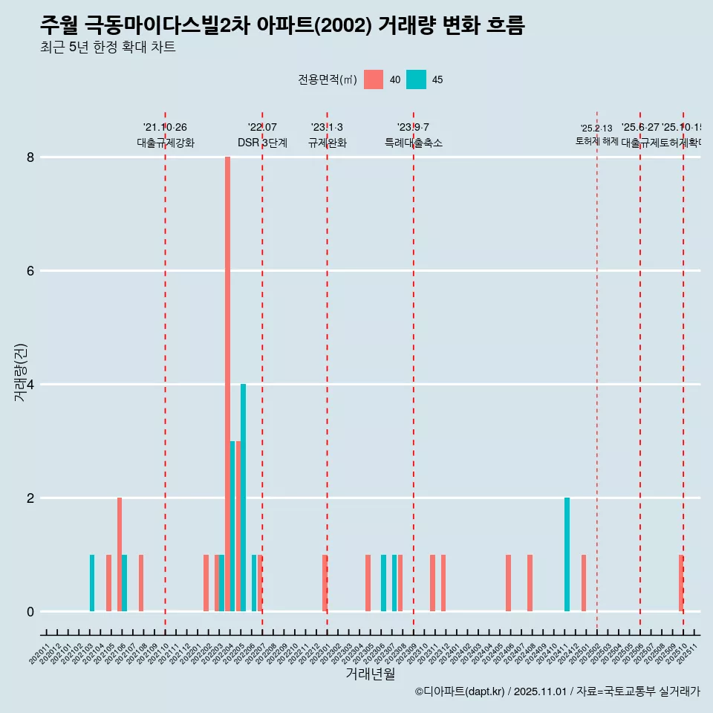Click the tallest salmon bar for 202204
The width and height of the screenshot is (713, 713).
tap(227, 384)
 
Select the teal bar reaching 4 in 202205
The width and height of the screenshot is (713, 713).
tap(243, 498)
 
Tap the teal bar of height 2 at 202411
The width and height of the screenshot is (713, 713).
tap(567, 554)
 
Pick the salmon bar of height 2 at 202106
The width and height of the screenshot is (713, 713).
tap(120, 554)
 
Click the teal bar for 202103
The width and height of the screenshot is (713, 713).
tap(92, 583)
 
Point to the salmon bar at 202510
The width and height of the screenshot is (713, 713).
tap(681, 583)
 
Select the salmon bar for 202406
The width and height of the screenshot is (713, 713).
tap(508, 583)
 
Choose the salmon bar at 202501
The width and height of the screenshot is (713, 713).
tap(584, 583)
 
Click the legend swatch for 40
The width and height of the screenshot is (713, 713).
tap(374, 79)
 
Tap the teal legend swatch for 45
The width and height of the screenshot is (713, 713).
tap(416, 79)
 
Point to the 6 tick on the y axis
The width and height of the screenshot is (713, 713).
tap(30, 271)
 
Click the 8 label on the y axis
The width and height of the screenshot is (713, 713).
tap(30, 157)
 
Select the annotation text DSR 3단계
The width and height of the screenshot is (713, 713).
tap(262, 143)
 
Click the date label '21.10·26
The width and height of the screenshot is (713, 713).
tap(165, 128)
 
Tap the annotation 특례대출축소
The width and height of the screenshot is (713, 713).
tap(413, 143)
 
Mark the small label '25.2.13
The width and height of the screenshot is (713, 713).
tap(596, 128)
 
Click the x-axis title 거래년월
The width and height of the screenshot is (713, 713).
tap(370, 674)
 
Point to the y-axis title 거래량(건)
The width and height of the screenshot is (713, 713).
tap(20, 373)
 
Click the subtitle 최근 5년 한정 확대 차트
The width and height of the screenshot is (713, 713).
tap(108, 48)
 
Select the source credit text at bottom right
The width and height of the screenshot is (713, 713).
tap(557, 691)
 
